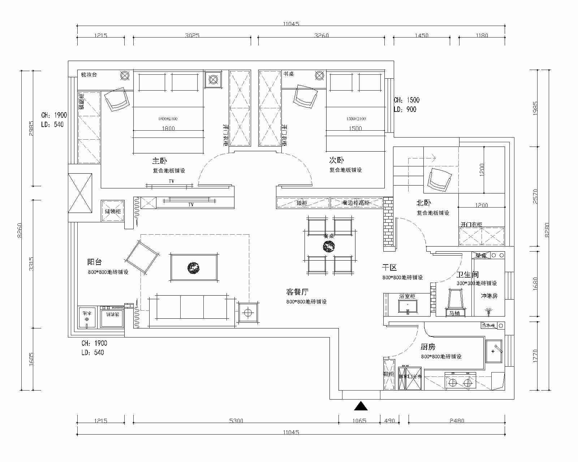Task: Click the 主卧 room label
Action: point(159,161)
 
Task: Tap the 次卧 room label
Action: point(336,160)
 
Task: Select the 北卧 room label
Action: point(424,204)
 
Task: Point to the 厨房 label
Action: point(428,347)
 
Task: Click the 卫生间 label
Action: point(467,275)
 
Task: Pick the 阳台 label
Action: point(95,262)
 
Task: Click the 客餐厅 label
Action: point(297,292)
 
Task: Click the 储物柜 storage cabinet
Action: point(113,211)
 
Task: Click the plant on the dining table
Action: point(329,247)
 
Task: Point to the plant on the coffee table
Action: point(193,267)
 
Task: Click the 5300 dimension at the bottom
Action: point(236,420)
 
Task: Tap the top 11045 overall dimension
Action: point(291,24)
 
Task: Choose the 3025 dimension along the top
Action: point(192,35)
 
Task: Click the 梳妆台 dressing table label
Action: point(89,75)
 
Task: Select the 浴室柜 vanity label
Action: point(407,296)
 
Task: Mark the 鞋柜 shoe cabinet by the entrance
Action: point(389,374)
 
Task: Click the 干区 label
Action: point(389,267)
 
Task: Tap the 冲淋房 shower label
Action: point(489,296)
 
